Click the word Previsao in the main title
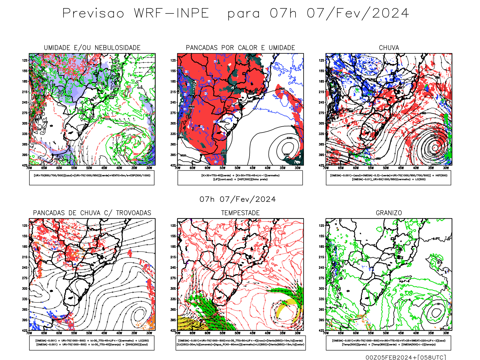click(x=93, y=13)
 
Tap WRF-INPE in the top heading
click(x=171, y=13)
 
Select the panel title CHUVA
click(x=389, y=48)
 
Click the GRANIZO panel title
click(x=389, y=213)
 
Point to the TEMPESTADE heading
click(x=240, y=213)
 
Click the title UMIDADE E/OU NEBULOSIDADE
click(x=92, y=48)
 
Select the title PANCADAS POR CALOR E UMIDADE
click(x=240, y=48)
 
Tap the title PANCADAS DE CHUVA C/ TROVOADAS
click(x=92, y=213)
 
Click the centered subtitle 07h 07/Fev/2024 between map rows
click(x=238, y=199)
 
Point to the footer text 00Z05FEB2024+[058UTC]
click(x=406, y=357)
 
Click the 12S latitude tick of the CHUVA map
click(x=322, y=60)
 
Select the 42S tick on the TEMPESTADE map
click(x=173, y=331)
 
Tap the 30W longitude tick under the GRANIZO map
click(x=446, y=333)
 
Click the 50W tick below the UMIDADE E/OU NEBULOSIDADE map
click(x=89, y=168)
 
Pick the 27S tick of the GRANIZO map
click(x=322, y=278)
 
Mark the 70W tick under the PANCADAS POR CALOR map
click(x=178, y=168)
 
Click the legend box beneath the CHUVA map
click(x=388, y=178)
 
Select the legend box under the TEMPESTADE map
click(x=240, y=343)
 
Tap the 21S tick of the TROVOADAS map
click(x=25, y=257)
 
